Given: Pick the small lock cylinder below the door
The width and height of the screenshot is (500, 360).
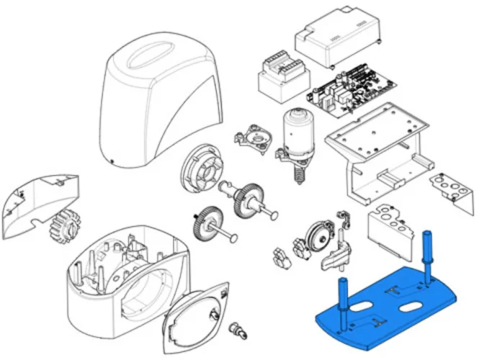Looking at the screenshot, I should (236, 331).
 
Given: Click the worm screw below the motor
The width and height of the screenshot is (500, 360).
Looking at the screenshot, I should (295, 173).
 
